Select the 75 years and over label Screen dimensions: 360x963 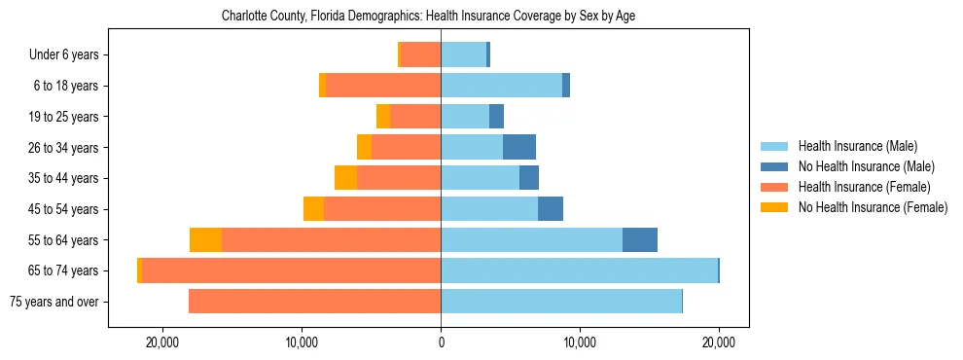[x=53, y=302]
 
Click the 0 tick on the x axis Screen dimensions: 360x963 [x=441, y=342]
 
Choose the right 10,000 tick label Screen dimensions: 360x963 [x=580, y=342]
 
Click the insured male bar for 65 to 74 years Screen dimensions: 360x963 [x=579, y=270]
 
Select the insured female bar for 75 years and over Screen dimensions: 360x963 [x=314, y=302]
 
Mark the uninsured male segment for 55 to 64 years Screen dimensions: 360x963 [x=640, y=240]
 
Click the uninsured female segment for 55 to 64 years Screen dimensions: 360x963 [x=205, y=240]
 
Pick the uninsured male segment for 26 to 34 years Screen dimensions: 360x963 [x=519, y=148]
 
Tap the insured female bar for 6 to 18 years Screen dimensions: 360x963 [x=383, y=86]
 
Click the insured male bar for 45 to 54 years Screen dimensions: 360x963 [x=489, y=209]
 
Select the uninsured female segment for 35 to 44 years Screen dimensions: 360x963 [x=345, y=178]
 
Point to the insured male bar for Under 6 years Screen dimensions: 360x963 [x=463, y=55]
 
